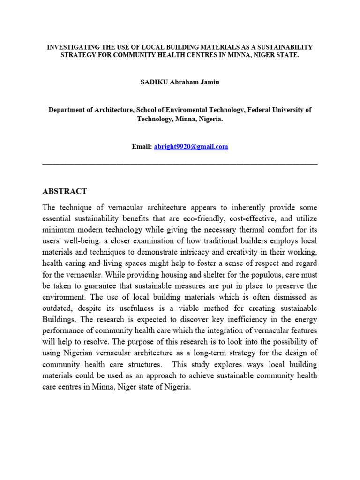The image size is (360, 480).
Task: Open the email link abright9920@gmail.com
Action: pyautogui.click(x=191, y=147)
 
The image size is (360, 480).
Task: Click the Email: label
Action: pyautogui.click(x=142, y=147)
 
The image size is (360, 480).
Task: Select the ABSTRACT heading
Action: pyautogui.click(x=64, y=191)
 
